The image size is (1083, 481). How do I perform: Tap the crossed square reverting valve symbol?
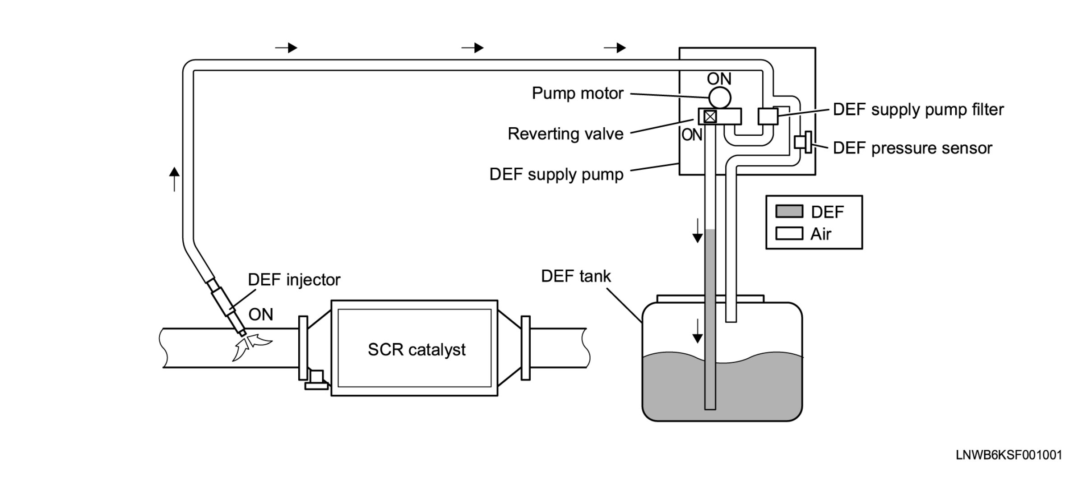710,117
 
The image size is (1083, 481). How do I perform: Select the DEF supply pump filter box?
768,116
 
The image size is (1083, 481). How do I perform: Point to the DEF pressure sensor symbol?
803,142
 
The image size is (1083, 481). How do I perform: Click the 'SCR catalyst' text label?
417,350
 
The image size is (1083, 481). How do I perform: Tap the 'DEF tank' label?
576,276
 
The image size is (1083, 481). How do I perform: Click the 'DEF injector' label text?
294,280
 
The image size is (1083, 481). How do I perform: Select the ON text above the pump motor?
719,79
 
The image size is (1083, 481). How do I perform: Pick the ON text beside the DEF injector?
261,314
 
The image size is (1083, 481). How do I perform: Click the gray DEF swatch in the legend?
789,211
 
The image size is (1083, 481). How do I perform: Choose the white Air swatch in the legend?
789,233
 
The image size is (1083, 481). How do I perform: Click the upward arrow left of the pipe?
175,179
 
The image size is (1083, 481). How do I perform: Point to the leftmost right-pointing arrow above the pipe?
286,47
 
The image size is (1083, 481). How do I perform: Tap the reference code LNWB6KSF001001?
1009,455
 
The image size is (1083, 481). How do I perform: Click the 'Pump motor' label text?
578,93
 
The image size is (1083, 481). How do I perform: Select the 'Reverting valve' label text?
565,134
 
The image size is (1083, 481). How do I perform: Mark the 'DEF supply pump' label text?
556,174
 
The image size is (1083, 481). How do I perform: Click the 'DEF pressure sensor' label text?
912,148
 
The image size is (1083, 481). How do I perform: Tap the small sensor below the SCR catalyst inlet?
317,380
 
